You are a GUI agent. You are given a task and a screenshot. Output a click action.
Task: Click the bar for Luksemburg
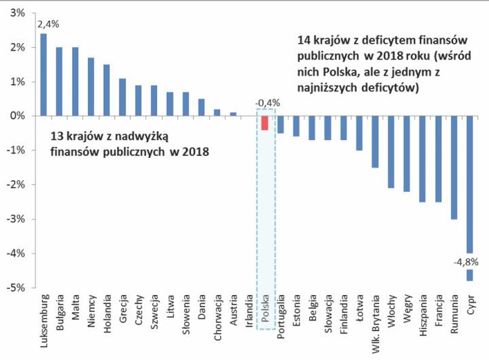pyautogui.click(x=44, y=74)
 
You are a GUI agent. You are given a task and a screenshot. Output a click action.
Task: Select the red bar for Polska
pyautogui.click(x=265, y=122)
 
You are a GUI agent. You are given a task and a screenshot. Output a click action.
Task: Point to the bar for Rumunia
pyautogui.click(x=454, y=167)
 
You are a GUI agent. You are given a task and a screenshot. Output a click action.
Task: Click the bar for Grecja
pyautogui.click(x=122, y=97)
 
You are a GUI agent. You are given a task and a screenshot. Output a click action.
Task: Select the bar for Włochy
pyautogui.click(x=391, y=151)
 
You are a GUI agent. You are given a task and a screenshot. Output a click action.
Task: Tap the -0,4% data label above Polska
pyautogui.click(x=267, y=103)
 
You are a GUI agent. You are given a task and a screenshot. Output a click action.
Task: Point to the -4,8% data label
pyautogui.click(x=465, y=262)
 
